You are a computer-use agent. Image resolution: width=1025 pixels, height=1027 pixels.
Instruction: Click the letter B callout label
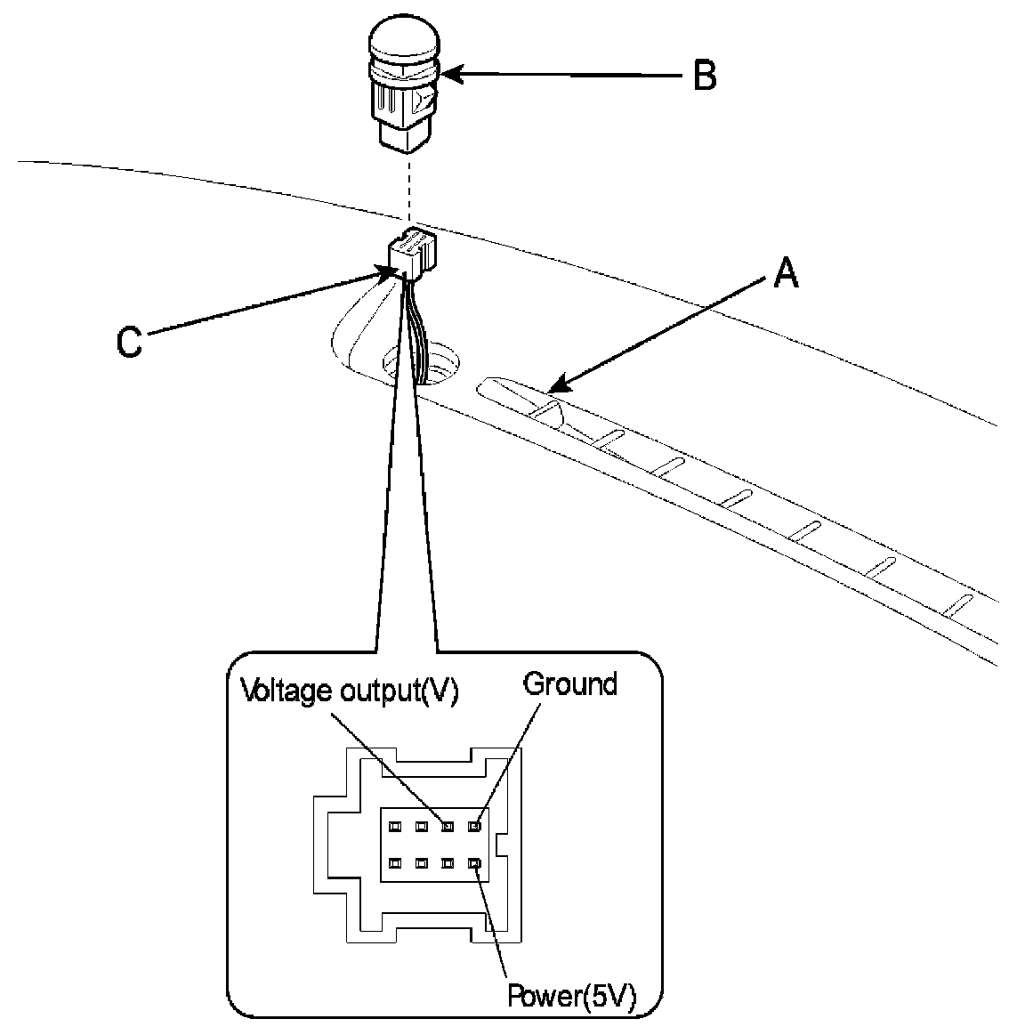pyautogui.click(x=704, y=77)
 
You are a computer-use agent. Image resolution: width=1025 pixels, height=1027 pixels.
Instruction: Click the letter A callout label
pyautogui.click(x=784, y=273)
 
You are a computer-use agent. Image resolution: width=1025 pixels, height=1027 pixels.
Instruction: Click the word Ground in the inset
pyautogui.click(x=569, y=684)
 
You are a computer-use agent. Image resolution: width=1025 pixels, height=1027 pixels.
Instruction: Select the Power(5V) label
pyautogui.click(x=571, y=996)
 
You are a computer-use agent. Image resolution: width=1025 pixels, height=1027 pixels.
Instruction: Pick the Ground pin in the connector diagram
pyautogui.click(x=475, y=826)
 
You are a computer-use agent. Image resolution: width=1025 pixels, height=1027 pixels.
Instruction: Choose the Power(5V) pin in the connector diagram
pyautogui.click(x=475, y=862)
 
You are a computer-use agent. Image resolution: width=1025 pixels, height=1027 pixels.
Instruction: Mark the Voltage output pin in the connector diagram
pyautogui.click(x=448, y=826)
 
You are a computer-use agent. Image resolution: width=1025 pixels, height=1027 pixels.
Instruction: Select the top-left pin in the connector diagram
pyautogui.click(x=395, y=826)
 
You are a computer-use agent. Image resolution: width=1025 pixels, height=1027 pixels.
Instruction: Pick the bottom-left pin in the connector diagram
pyautogui.click(x=395, y=862)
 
